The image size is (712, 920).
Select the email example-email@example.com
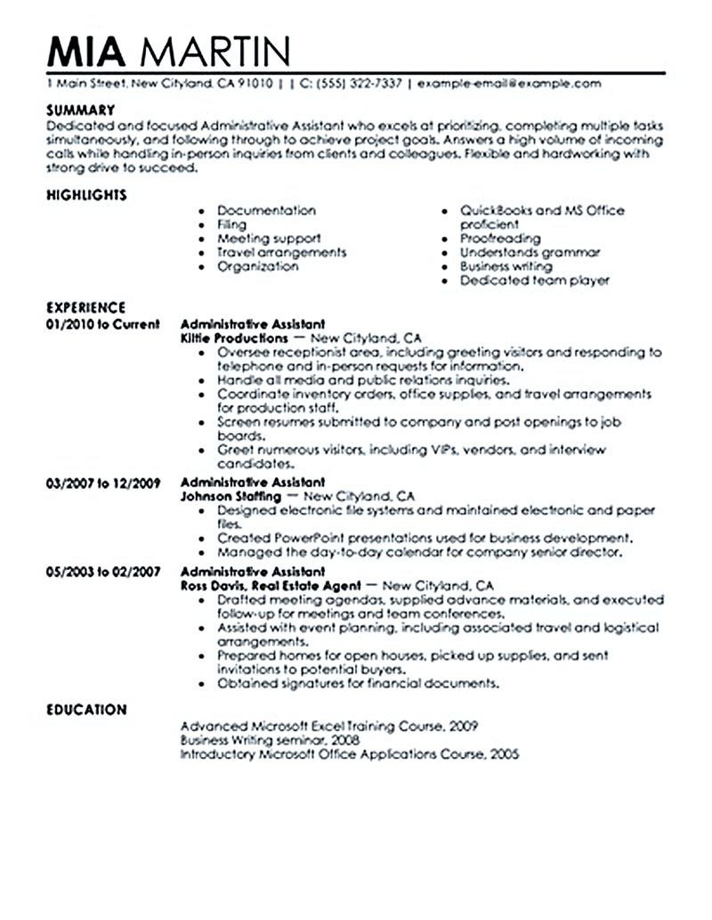[x=508, y=85]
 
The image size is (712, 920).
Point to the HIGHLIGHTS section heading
[x=85, y=194]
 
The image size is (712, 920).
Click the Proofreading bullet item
[x=499, y=239]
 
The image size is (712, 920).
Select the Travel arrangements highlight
[x=281, y=253]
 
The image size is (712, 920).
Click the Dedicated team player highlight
[x=534, y=281]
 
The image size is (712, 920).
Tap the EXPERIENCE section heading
[x=85, y=309]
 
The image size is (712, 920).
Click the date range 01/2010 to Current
[x=102, y=324]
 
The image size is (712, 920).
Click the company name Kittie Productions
[x=234, y=338]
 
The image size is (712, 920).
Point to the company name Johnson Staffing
[x=231, y=496]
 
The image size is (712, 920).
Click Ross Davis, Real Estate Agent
[x=271, y=586]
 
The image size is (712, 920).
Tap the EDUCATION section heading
[x=86, y=710]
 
